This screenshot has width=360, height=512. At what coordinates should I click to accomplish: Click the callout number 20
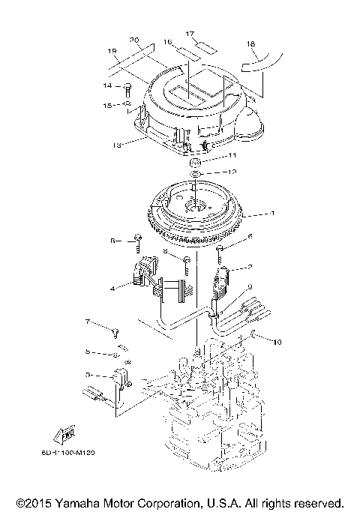pyautogui.click(x=134, y=39)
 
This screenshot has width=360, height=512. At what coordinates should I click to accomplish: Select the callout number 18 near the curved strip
pyautogui.click(x=250, y=45)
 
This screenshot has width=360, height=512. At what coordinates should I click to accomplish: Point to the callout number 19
pyautogui.click(x=113, y=52)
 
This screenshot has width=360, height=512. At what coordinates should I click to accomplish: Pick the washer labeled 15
pyautogui.click(x=128, y=105)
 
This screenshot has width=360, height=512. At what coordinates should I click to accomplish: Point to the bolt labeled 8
pyautogui.click(x=185, y=260)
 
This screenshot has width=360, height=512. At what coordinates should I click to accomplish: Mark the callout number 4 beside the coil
pyautogui.click(x=113, y=287)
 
